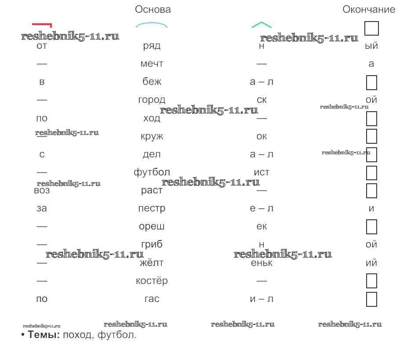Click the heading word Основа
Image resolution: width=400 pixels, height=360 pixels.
point(153,9)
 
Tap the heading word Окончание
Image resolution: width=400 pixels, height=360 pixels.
point(369,9)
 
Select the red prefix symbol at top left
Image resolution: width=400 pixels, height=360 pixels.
point(42,25)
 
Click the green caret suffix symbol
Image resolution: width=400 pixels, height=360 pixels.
point(262,25)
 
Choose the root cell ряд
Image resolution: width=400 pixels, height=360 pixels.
point(152,46)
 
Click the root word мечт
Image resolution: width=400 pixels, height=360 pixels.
point(152,64)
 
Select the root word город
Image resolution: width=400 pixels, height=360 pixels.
point(152,100)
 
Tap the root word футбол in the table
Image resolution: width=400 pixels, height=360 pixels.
point(152,172)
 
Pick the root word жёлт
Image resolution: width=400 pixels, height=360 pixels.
point(152,262)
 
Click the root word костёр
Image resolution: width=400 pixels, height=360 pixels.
point(152,280)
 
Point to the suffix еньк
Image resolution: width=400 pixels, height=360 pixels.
point(262,263)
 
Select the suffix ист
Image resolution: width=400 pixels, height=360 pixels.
point(262,172)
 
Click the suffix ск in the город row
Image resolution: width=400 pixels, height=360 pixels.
point(262,100)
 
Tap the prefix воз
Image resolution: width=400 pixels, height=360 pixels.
point(42,191)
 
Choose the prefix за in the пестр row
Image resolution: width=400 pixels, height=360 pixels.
point(42,208)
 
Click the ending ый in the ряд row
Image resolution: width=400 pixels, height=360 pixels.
point(371,46)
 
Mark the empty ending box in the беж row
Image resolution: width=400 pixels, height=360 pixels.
point(372,82)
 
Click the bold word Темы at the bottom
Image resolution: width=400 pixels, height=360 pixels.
point(44,335)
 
